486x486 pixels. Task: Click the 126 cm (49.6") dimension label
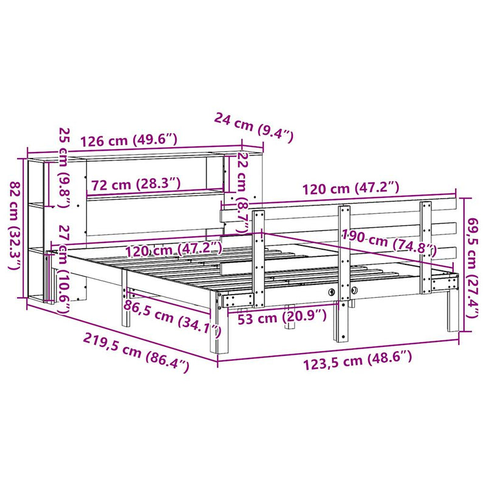[x=129, y=140]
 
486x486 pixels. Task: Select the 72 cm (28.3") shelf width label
[x=135, y=184]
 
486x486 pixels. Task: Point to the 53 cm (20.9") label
[x=282, y=316]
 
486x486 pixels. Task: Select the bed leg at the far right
[x=453, y=310]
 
